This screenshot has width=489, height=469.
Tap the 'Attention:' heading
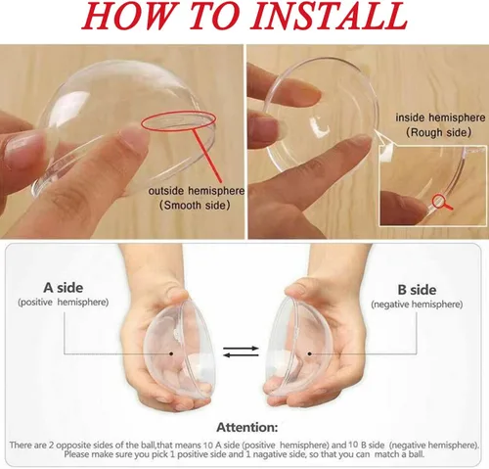coord(244,427)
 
